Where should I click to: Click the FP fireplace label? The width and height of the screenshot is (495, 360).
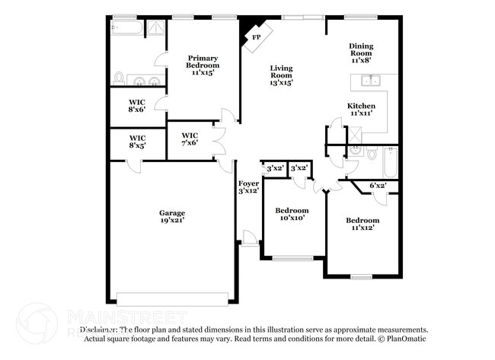pos(255,36)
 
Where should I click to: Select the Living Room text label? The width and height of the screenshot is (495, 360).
pos(281,75)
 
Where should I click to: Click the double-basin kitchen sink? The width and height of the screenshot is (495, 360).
pos(372,81)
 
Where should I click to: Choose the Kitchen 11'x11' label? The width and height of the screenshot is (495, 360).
pos(361,109)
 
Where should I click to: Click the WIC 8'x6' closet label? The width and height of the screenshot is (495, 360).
pos(137,105)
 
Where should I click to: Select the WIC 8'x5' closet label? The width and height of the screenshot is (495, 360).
pos(137,141)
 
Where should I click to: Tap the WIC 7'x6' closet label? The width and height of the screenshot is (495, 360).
pos(189,139)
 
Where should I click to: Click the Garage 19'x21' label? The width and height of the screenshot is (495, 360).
pos(172,216)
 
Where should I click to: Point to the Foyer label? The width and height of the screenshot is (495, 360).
pos(248,186)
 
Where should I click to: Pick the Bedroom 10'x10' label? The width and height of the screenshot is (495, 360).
pos(292,214)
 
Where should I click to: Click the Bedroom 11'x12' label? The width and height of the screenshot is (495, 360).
pos(365,224)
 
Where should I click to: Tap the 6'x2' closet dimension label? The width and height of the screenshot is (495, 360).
pos(378,185)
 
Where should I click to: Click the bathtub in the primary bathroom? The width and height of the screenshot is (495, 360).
pos(126,28)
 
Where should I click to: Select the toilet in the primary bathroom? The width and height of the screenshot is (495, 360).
pos(119,78)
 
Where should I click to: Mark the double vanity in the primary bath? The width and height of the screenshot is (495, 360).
pos(144,81)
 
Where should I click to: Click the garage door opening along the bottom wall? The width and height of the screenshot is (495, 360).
pos(172,298)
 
